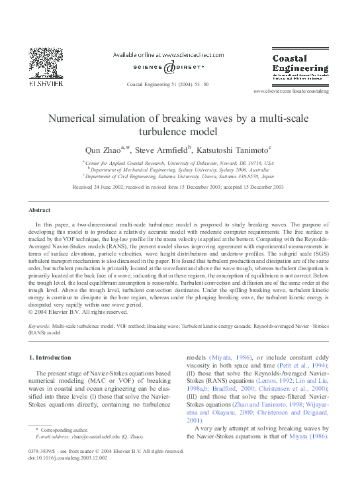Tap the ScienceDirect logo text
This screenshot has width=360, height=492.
click(163, 67)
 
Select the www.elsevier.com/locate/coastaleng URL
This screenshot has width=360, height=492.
click(291, 90)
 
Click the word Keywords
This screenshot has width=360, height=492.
click(42, 327)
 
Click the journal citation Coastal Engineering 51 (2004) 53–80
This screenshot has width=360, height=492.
click(167, 84)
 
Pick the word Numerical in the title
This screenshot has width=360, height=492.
click(73, 119)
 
